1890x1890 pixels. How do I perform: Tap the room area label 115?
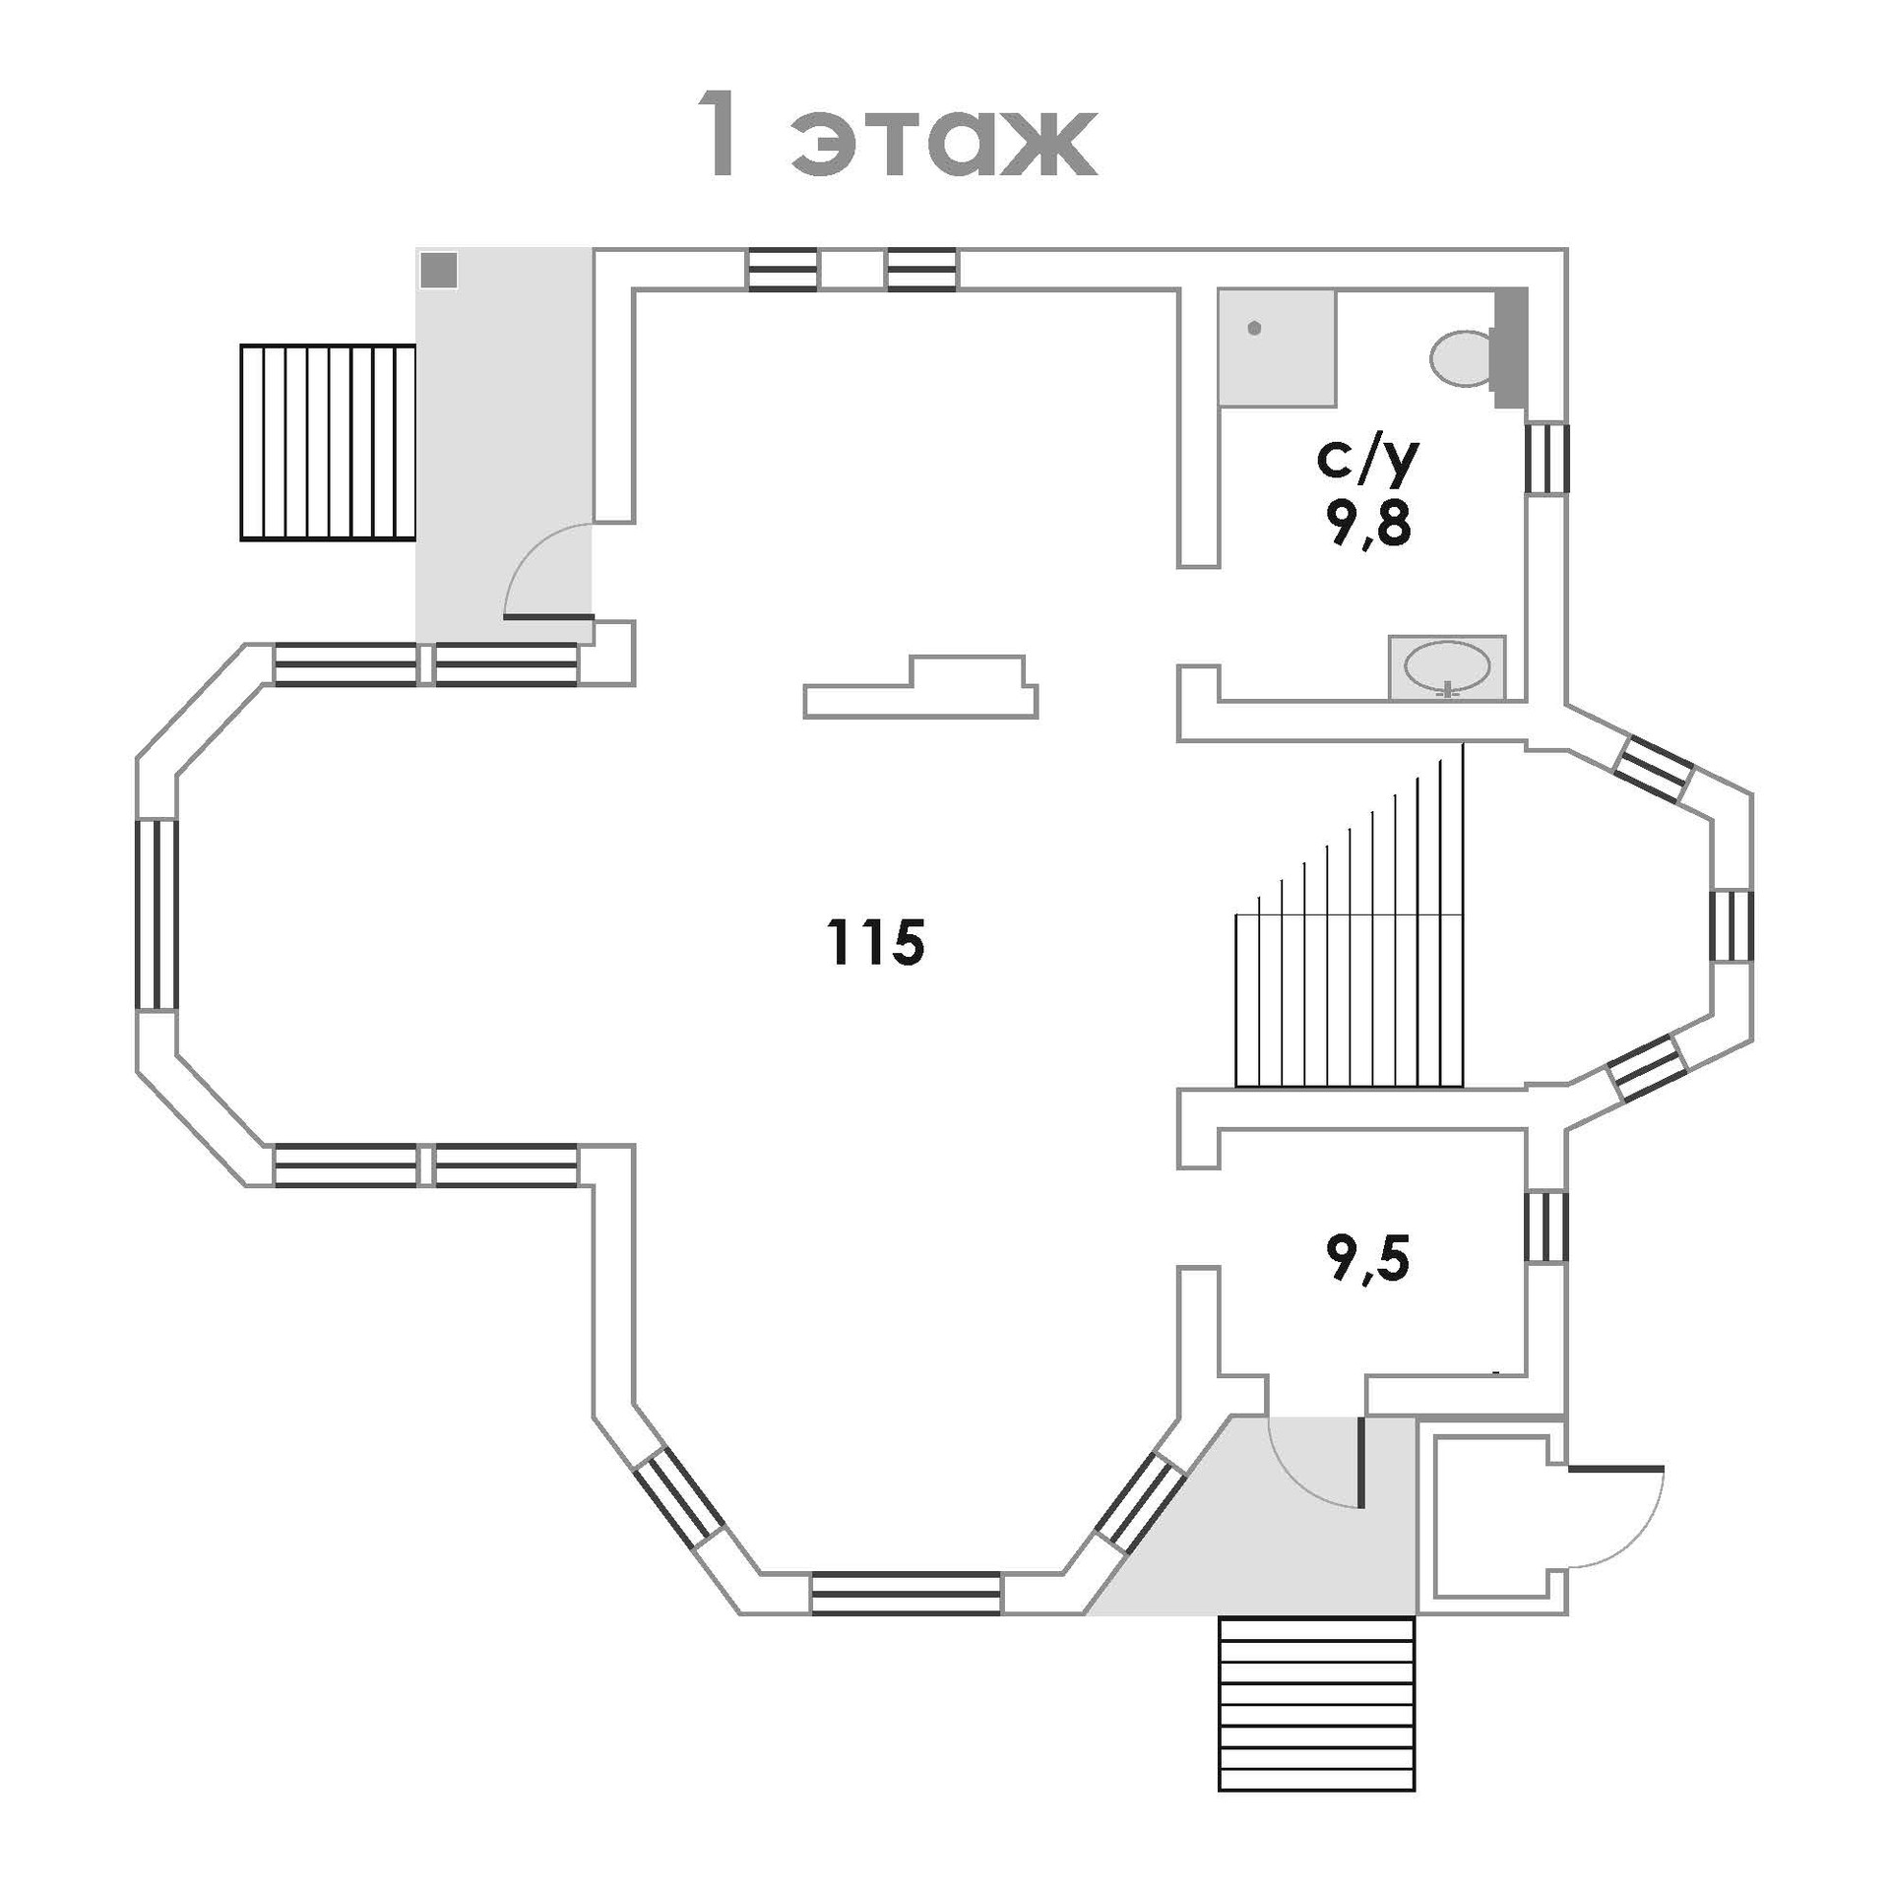(876, 942)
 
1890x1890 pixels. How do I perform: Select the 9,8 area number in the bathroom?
(1367, 526)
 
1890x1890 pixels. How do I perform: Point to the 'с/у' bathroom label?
(1367, 460)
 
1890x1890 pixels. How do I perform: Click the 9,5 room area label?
(1368, 1262)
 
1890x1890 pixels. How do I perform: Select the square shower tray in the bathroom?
(1276, 346)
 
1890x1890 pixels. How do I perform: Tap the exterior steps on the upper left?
(328, 442)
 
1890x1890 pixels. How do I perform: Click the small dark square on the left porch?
(438, 270)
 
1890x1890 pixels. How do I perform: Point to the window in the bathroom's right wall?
(1545, 458)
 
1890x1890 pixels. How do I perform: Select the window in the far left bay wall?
(157, 914)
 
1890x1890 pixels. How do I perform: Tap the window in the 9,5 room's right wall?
(1545, 1226)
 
